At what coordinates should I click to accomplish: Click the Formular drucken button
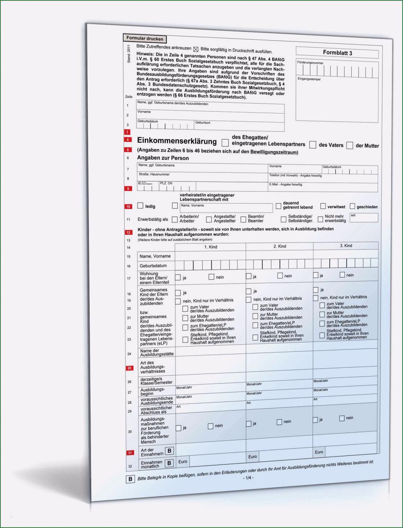coord(145,39)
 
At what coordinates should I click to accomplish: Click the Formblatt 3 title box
coord(337,52)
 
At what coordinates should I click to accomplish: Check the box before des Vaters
coord(313,145)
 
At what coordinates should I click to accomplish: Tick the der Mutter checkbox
coord(349,146)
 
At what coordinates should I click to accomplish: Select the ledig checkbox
coord(140,205)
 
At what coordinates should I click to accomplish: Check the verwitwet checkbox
coord(323,206)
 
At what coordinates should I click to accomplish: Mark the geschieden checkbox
coord(352,206)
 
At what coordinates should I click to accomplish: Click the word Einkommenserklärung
coord(177,141)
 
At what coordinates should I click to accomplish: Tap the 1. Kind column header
coord(211,247)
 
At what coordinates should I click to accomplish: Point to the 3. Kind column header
coord(346,246)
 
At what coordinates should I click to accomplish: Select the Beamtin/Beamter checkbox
coord(243,219)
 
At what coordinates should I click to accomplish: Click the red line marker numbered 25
coord(129,368)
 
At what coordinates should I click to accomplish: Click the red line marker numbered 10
coord(128,206)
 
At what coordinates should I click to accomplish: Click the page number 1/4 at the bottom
coord(248,478)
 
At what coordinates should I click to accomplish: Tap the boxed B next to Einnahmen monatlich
coord(169,463)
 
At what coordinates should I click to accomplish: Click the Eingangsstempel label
coord(309,79)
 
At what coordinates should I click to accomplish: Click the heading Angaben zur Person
coord(163,158)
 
